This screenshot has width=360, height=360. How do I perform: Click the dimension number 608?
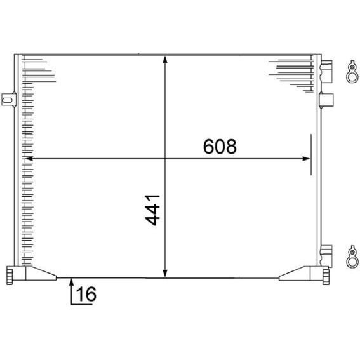(x=220, y=146)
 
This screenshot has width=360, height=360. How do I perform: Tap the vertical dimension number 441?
(x=152, y=210)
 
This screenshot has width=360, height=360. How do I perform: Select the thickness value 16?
(x=86, y=294)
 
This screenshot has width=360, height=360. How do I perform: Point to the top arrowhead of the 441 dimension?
(x=165, y=59)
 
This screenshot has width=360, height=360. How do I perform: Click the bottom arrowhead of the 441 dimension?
(x=165, y=274)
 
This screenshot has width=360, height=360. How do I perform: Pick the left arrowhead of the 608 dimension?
(x=29, y=159)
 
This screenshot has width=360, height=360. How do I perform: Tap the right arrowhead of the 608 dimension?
(x=306, y=159)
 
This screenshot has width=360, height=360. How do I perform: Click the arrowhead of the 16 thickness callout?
(x=72, y=282)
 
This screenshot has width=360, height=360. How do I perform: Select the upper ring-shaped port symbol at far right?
(x=352, y=71)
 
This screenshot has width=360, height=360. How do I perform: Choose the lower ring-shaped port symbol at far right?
(x=352, y=257)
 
